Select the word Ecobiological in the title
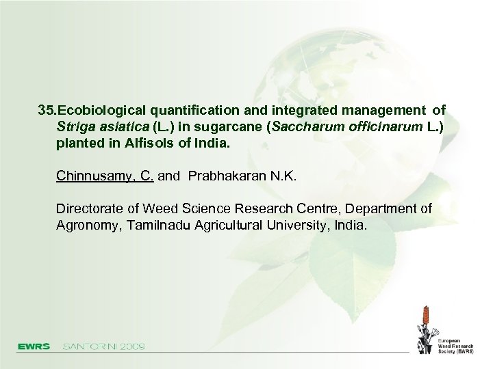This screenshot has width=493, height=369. point(101,110)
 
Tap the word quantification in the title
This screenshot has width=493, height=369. point(193,110)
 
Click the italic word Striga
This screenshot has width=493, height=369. point(73,127)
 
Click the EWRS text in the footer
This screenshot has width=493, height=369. point(34,346)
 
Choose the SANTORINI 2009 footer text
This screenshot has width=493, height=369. point(103,346)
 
